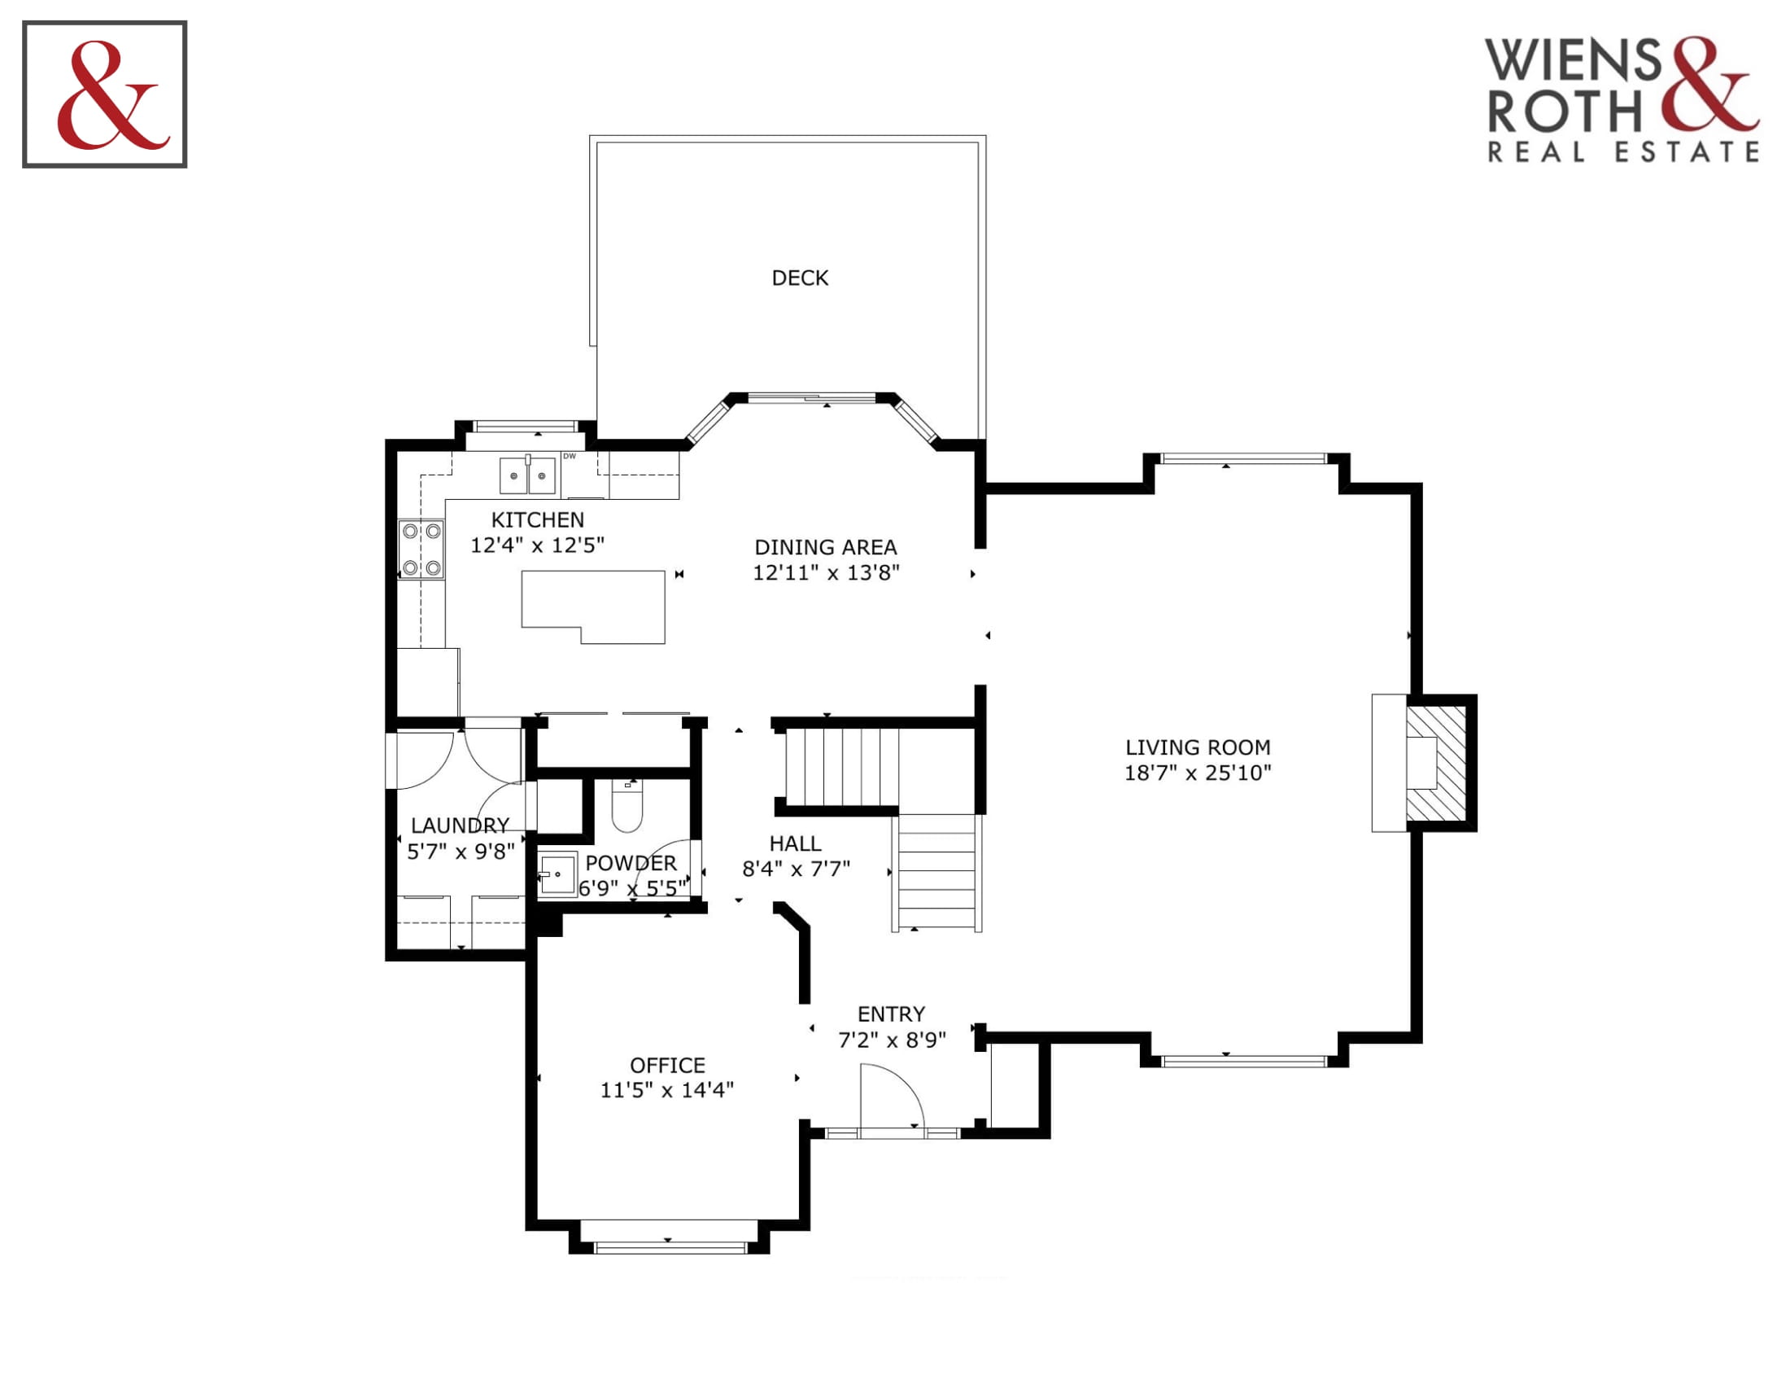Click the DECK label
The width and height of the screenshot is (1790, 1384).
tap(799, 278)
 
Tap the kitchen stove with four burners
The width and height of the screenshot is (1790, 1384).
tap(421, 550)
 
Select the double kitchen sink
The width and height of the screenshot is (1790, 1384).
tap(527, 475)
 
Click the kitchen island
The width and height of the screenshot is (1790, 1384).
tap(593, 607)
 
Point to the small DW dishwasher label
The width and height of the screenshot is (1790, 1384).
tap(569, 456)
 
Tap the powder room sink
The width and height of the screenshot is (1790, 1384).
tap(557, 875)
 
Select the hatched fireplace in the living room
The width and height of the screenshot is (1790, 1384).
tap(1436, 764)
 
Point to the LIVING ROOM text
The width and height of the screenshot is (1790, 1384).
tap(1198, 747)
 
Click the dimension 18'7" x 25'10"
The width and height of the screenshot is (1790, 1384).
tap(1198, 773)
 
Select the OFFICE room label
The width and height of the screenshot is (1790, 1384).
tap(667, 1065)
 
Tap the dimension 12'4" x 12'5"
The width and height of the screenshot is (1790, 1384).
tap(537, 545)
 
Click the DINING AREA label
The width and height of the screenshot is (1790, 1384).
tap(825, 547)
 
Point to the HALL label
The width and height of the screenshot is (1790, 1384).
tap(795, 843)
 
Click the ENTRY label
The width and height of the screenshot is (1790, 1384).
tap(891, 1014)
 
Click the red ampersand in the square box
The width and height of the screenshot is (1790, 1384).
tap(113, 95)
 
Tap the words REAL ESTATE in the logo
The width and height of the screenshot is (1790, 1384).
tap(1623, 152)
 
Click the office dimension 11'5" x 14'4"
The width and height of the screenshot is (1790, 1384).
tap(667, 1089)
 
